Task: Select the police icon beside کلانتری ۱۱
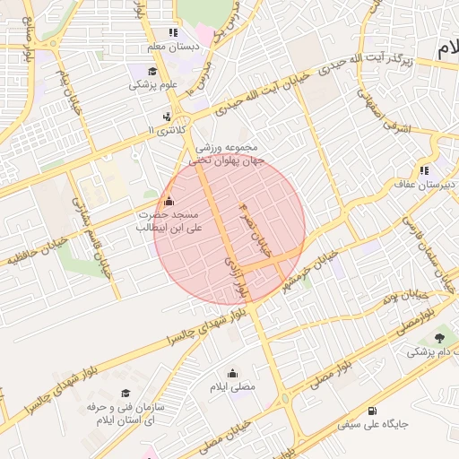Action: [167, 117]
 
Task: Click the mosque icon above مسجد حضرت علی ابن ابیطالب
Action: [169, 200]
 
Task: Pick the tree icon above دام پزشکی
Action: [439, 338]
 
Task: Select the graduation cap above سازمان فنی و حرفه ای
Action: [126, 394]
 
